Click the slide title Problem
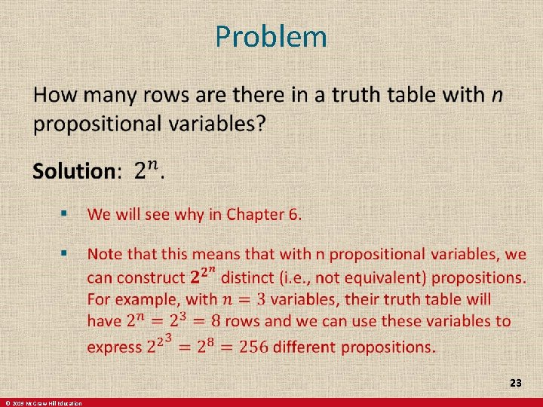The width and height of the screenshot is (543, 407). (271, 36)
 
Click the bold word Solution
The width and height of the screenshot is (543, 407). (72, 171)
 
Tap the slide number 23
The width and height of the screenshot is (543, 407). (515, 384)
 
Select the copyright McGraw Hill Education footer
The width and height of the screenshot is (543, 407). (42, 403)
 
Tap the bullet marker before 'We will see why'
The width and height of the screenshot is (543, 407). (65, 214)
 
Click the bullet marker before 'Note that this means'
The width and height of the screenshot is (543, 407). (65, 250)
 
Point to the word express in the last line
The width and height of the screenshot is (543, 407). (115, 347)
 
